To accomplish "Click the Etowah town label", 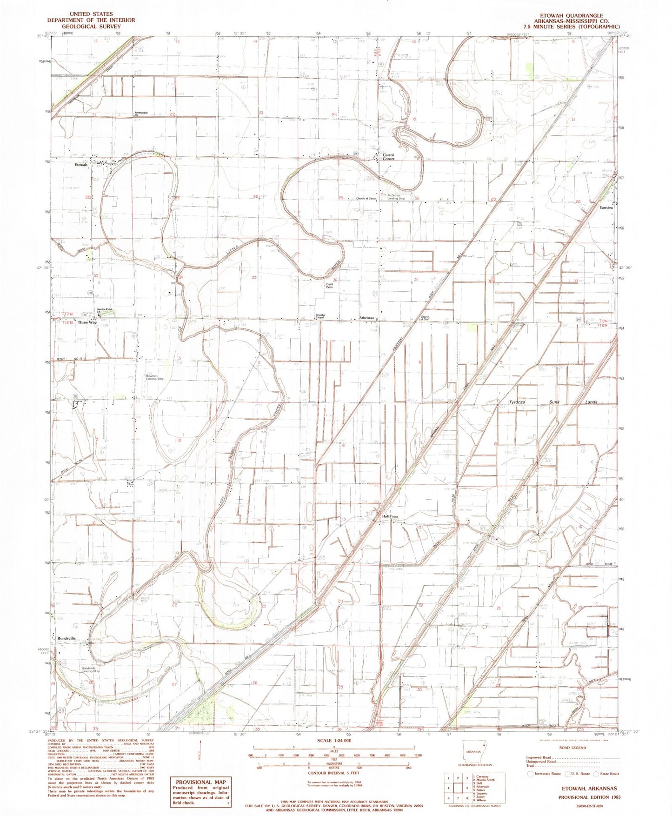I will pyautogui.click(x=80, y=165).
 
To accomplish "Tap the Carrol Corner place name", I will pyautogui.click(x=388, y=157).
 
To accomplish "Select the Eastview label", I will pyautogui.click(x=606, y=207).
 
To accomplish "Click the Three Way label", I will pyautogui.click(x=87, y=322).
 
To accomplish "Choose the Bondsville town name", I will pyautogui.click(x=67, y=638).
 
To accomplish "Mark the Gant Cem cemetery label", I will pyautogui.click(x=330, y=286).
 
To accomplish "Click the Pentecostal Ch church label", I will pyautogui.click(x=140, y=114).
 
